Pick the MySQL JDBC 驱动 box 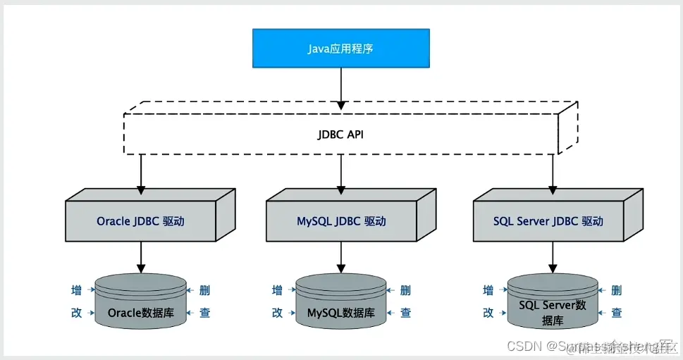coord(341,221)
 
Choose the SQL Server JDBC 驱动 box coord(548,221)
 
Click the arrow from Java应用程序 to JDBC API coord(340,88)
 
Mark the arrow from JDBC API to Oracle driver coord(141,173)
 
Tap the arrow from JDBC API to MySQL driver coord(341,173)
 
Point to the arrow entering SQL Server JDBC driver coord(553,173)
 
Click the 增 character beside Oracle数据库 coord(77,290)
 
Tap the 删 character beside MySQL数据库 coord(405,290)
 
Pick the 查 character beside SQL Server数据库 coord(617,314)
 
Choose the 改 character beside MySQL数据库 coord(278,314)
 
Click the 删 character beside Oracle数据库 coord(204,290)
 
